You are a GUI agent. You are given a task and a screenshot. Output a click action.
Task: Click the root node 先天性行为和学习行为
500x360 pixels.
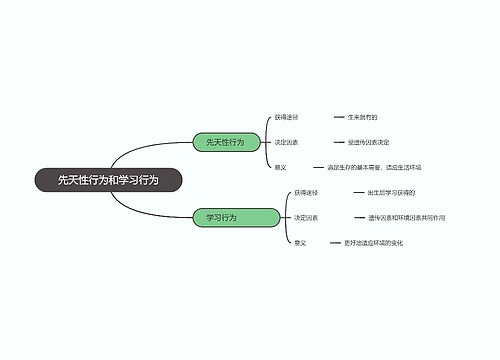pos(107,179)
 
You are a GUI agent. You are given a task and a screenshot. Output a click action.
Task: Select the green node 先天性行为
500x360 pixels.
pos(225,142)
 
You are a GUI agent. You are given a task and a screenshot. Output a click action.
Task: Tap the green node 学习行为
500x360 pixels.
pos(222,217)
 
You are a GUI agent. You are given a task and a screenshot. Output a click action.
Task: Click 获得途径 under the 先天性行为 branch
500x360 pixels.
pos(287,117)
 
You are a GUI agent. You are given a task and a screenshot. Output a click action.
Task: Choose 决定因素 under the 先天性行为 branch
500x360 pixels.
pos(287,142)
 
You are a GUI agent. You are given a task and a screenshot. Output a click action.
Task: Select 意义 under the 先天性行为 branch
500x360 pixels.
pos(281,167)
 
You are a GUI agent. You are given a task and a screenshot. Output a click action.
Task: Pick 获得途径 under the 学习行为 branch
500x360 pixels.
pos(306,192)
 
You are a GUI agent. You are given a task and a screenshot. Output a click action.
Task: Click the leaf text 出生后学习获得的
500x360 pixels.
pos(391,192)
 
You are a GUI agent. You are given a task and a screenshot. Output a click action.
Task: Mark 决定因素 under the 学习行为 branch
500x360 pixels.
pos(306,217)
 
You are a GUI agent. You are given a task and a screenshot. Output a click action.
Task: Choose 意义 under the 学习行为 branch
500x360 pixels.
pos(300,242)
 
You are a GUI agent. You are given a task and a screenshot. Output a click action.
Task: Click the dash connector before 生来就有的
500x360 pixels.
pos(339,117)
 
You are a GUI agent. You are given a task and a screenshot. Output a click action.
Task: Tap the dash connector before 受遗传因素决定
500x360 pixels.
pos(339,142)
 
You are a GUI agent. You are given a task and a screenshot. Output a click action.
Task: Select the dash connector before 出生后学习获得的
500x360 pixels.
pos(358,192)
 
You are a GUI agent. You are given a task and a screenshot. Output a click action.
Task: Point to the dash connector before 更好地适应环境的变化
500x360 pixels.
pos(335,242)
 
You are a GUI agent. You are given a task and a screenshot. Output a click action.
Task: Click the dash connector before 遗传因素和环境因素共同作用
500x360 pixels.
pos(358,217)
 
